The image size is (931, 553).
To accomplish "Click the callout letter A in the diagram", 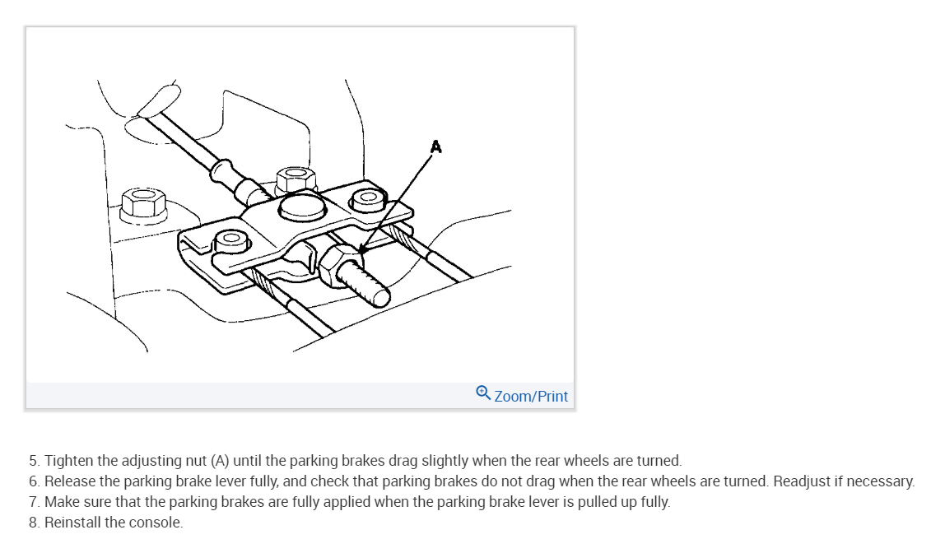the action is click(x=436, y=146).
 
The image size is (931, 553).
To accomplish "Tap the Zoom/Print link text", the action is click(x=531, y=396).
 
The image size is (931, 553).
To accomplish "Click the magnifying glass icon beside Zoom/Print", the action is click(x=483, y=394).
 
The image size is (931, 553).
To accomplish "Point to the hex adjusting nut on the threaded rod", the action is click(x=337, y=267).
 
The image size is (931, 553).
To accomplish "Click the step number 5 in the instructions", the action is click(x=33, y=461).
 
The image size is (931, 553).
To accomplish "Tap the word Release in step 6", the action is click(x=68, y=481).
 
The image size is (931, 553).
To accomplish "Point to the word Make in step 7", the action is click(x=60, y=502).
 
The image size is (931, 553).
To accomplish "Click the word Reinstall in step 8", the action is click(x=73, y=523).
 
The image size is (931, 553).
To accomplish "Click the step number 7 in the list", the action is click(x=33, y=502).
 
